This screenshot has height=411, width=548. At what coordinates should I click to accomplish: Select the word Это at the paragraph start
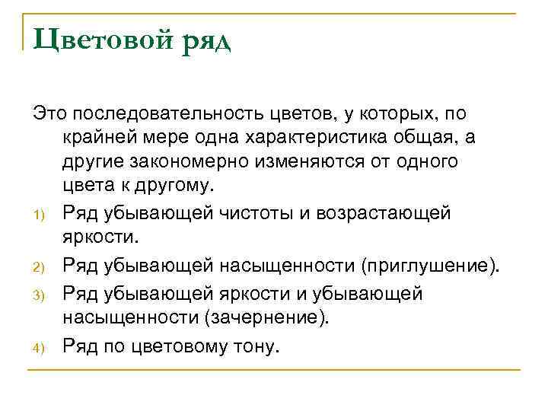pos(49,114)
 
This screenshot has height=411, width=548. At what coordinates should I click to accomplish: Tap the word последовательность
pos(164,114)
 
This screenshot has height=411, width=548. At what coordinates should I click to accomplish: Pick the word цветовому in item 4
pos(176,346)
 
